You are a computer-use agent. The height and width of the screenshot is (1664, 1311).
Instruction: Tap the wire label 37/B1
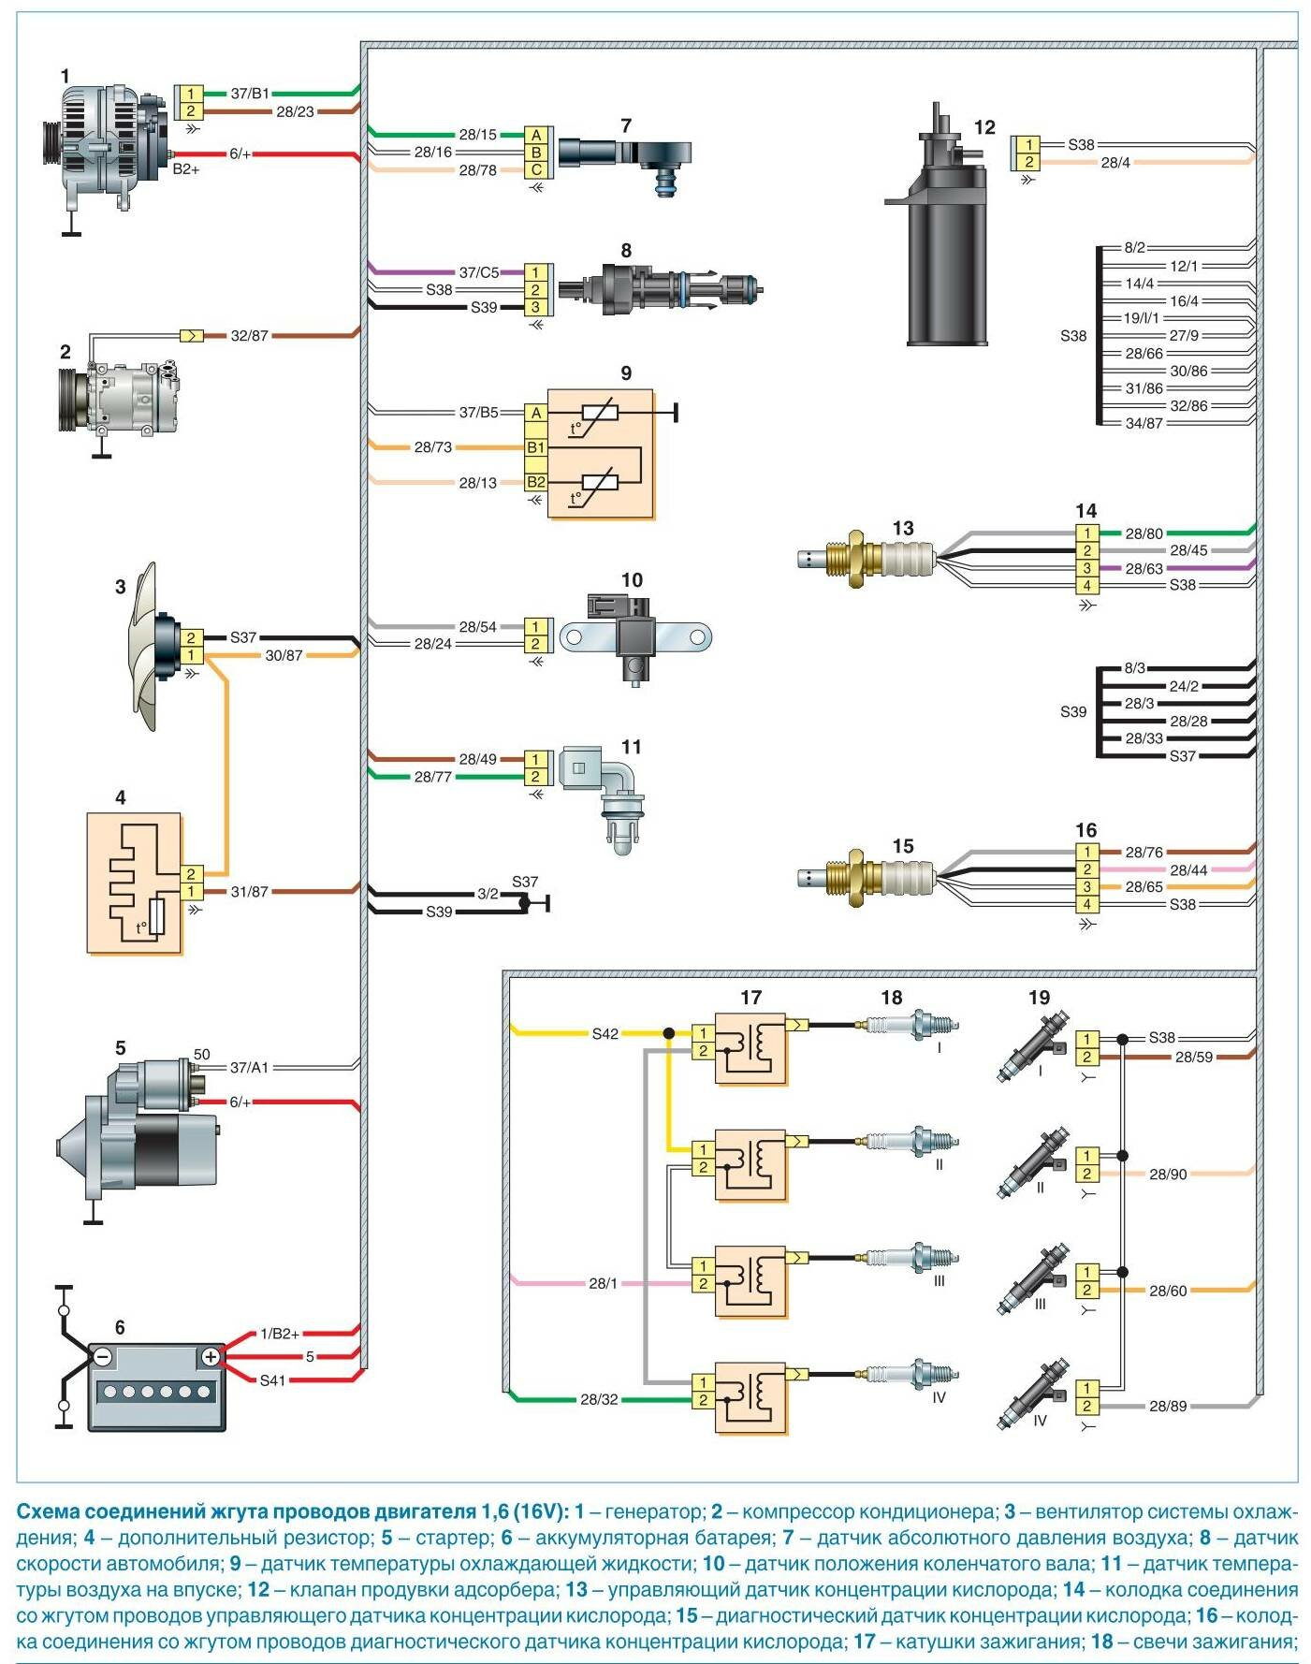(250, 94)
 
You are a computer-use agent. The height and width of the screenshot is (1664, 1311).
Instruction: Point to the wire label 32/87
(249, 335)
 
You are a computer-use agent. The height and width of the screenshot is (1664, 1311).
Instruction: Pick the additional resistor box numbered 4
(134, 883)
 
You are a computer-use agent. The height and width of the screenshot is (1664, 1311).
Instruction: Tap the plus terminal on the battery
(211, 1356)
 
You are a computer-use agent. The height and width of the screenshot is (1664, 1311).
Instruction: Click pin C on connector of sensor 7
(536, 170)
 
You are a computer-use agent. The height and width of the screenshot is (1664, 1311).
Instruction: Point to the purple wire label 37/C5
(478, 272)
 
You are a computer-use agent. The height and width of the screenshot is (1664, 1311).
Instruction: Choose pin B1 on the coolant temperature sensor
(536, 447)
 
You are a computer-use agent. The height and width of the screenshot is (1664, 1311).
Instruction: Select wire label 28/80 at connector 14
(1143, 533)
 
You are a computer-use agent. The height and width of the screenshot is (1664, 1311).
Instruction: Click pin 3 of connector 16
(1086, 887)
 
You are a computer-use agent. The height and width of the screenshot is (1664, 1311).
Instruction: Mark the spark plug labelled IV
(912, 1374)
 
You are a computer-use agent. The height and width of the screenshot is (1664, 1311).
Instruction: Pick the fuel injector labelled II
(1034, 1164)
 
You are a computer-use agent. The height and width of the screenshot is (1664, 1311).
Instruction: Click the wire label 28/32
(599, 1400)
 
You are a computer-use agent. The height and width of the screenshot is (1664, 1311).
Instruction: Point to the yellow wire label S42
(605, 1034)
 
